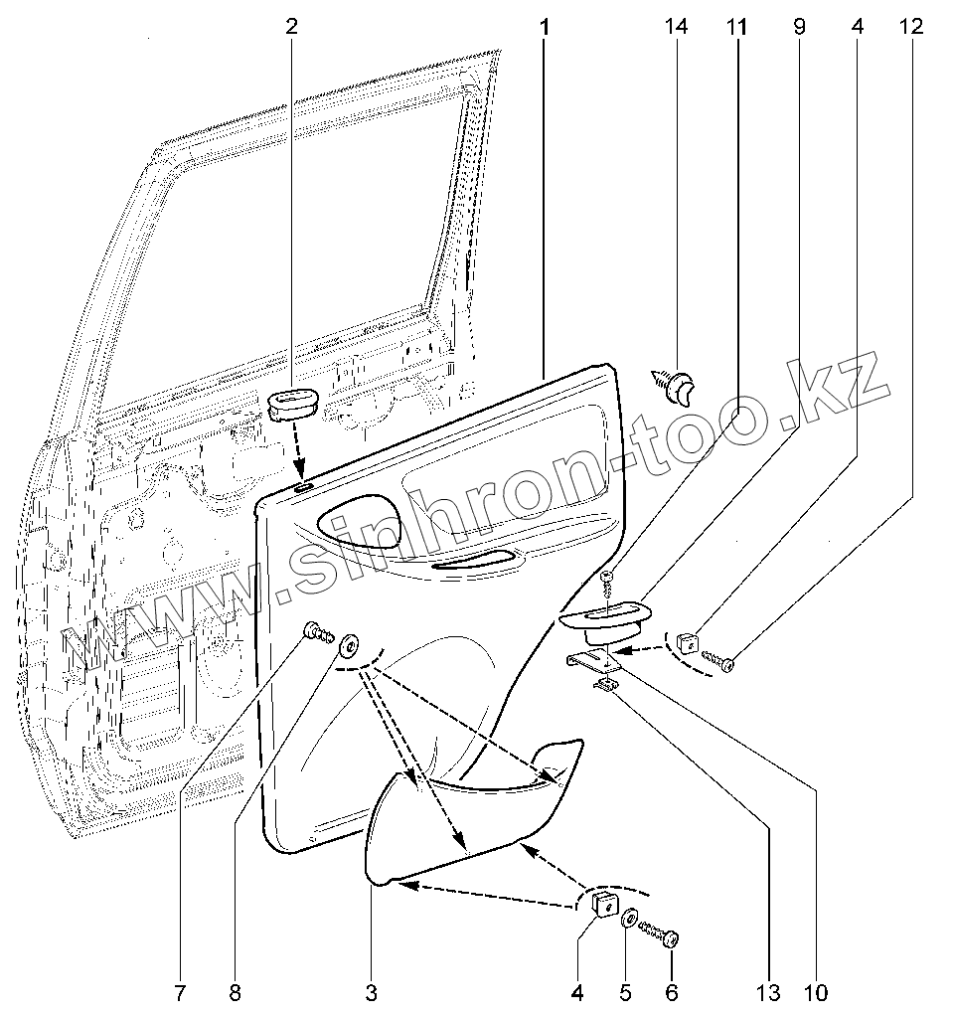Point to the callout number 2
tap(291, 27)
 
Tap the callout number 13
tap(768, 991)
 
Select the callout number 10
tap(816, 991)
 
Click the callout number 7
tap(181, 991)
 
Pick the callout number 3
tap(371, 991)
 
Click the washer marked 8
tap(351, 646)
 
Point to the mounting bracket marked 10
tap(594, 660)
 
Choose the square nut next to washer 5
tap(602, 905)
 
